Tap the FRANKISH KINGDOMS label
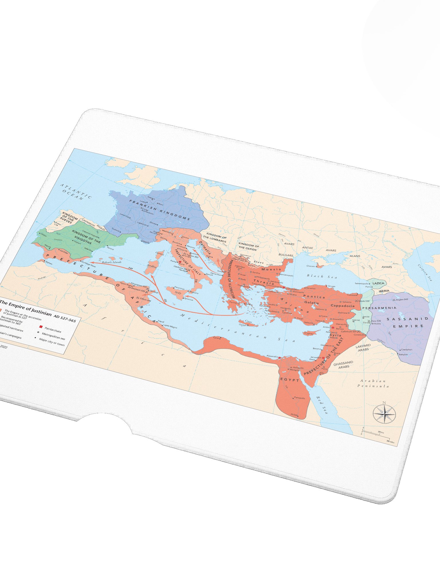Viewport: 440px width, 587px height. click(x=159, y=210)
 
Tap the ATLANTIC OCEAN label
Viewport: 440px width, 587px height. click(x=76, y=192)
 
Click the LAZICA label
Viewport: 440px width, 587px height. click(x=378, y=283)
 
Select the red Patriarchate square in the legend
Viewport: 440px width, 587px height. click(x=41, y=327)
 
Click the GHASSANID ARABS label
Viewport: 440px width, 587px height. click(x=343, y=364)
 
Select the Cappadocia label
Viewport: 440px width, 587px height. click(x=342, y=306)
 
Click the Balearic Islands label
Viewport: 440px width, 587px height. click(x=111, y=262)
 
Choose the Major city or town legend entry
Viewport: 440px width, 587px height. click(x=52, y=342)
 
